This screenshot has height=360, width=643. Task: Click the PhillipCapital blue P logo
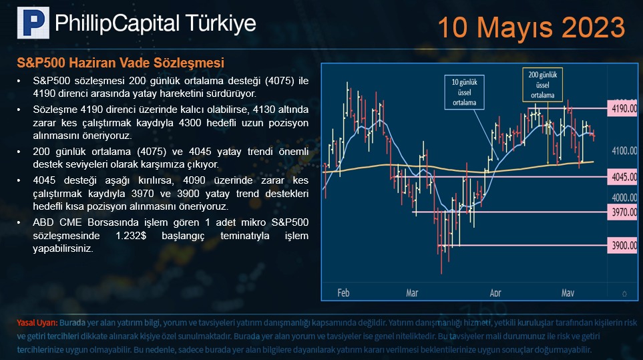point(33,23)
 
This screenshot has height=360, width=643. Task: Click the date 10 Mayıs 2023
point(531,27)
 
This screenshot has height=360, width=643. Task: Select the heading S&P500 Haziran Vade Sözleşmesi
point(121,63)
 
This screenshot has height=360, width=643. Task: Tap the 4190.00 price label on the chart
point(622,109)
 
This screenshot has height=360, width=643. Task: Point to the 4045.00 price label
point(622,177)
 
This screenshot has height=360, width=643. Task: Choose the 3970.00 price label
point(622,212)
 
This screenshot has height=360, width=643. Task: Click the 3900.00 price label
point(622,246)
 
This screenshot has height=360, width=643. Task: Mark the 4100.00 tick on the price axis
point(624,151)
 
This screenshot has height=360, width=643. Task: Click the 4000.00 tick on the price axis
point(624,198)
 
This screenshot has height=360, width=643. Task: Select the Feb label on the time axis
point(344,293)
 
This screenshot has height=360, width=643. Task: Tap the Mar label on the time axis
point(412,293)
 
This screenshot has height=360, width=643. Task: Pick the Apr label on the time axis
point(495,293)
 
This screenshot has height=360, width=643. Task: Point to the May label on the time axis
point(568,293)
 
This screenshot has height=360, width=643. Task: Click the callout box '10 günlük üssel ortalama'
point(464,92)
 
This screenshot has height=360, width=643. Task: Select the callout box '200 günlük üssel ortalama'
point(543,85)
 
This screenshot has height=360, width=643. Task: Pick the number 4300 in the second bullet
point(190,123)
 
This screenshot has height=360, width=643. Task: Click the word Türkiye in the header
point(220,23)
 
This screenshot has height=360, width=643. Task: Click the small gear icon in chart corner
point(624,294)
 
